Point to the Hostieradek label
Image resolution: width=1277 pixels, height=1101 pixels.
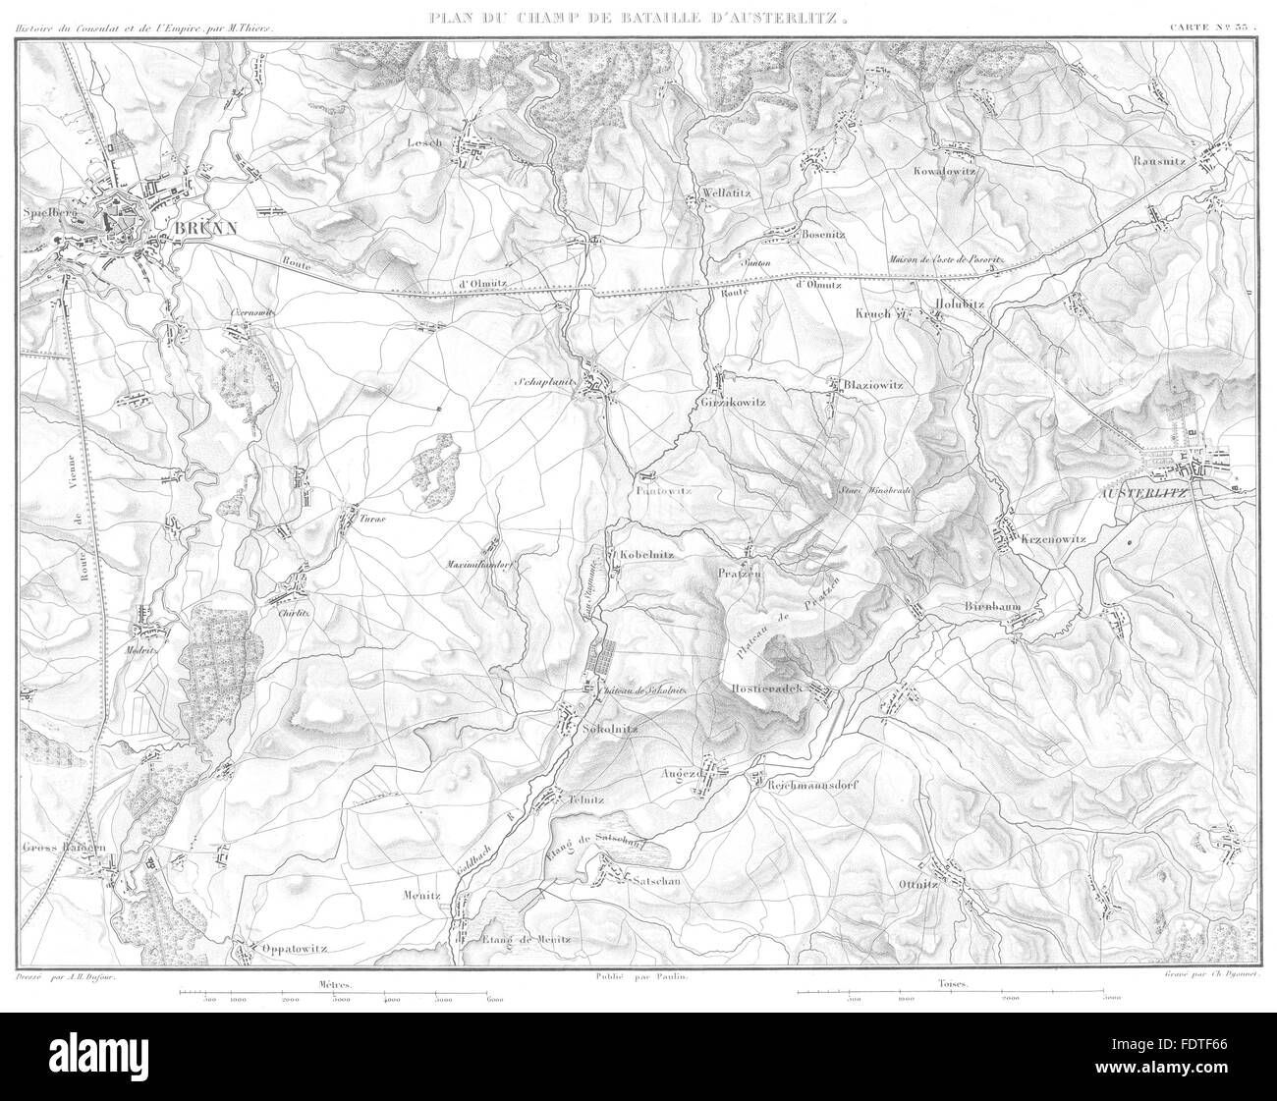coord(769,690)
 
